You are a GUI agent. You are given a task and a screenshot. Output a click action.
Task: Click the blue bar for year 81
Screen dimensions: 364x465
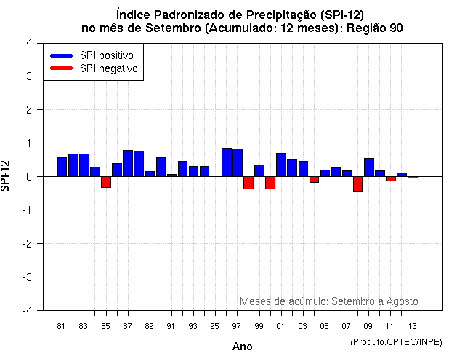62,167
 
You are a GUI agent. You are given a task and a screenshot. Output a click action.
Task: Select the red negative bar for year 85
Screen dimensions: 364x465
106,182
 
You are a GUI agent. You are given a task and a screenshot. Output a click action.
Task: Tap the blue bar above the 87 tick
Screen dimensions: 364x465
128,163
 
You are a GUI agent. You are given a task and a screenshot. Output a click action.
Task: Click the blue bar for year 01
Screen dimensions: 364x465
281,165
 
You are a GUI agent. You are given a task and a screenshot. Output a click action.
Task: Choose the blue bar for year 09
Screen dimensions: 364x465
369,167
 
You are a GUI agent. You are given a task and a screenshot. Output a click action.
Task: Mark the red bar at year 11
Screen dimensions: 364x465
391,178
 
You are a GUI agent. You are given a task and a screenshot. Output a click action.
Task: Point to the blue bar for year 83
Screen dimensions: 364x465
84,165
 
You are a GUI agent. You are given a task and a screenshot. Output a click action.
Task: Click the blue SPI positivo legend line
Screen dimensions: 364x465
62,55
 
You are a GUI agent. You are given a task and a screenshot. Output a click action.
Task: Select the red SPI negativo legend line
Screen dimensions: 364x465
62,68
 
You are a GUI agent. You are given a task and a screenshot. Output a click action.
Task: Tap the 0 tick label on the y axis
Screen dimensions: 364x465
28,177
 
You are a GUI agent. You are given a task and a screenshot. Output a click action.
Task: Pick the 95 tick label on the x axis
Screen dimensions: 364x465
215,326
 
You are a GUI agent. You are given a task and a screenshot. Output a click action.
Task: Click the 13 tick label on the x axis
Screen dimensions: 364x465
413,326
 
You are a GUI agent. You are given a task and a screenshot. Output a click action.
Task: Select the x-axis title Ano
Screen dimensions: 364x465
242,347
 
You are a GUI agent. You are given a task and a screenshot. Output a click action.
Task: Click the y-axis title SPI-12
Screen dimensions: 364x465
7,176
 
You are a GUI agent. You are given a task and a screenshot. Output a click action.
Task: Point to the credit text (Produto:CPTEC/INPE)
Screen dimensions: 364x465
396,341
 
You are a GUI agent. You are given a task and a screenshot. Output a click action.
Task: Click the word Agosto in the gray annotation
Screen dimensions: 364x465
402,301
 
